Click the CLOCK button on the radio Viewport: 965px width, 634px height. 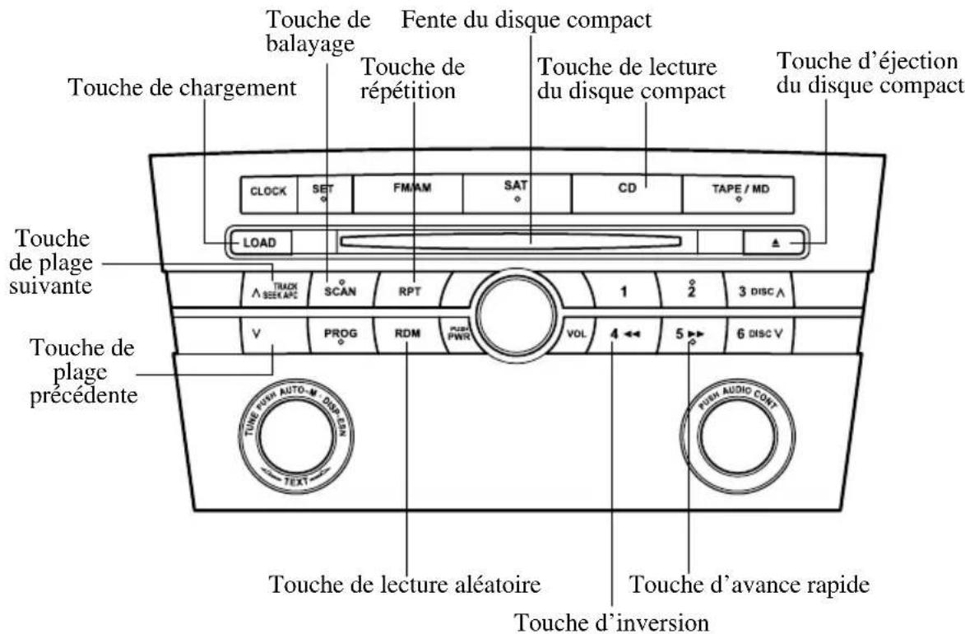(x=269, y=191)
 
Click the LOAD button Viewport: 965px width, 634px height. (x=259, y=243)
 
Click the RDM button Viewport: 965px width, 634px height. (x=409, y=335)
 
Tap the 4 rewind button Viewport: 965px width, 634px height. (x=623, y=335)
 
